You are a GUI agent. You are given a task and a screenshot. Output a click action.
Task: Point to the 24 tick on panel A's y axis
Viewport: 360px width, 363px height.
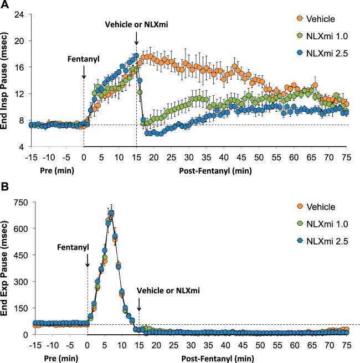pyautogui.click(x=18, y=13)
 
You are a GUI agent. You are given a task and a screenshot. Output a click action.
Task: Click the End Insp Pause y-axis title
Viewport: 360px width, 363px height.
pyautogui.click(x=6, y=80)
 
